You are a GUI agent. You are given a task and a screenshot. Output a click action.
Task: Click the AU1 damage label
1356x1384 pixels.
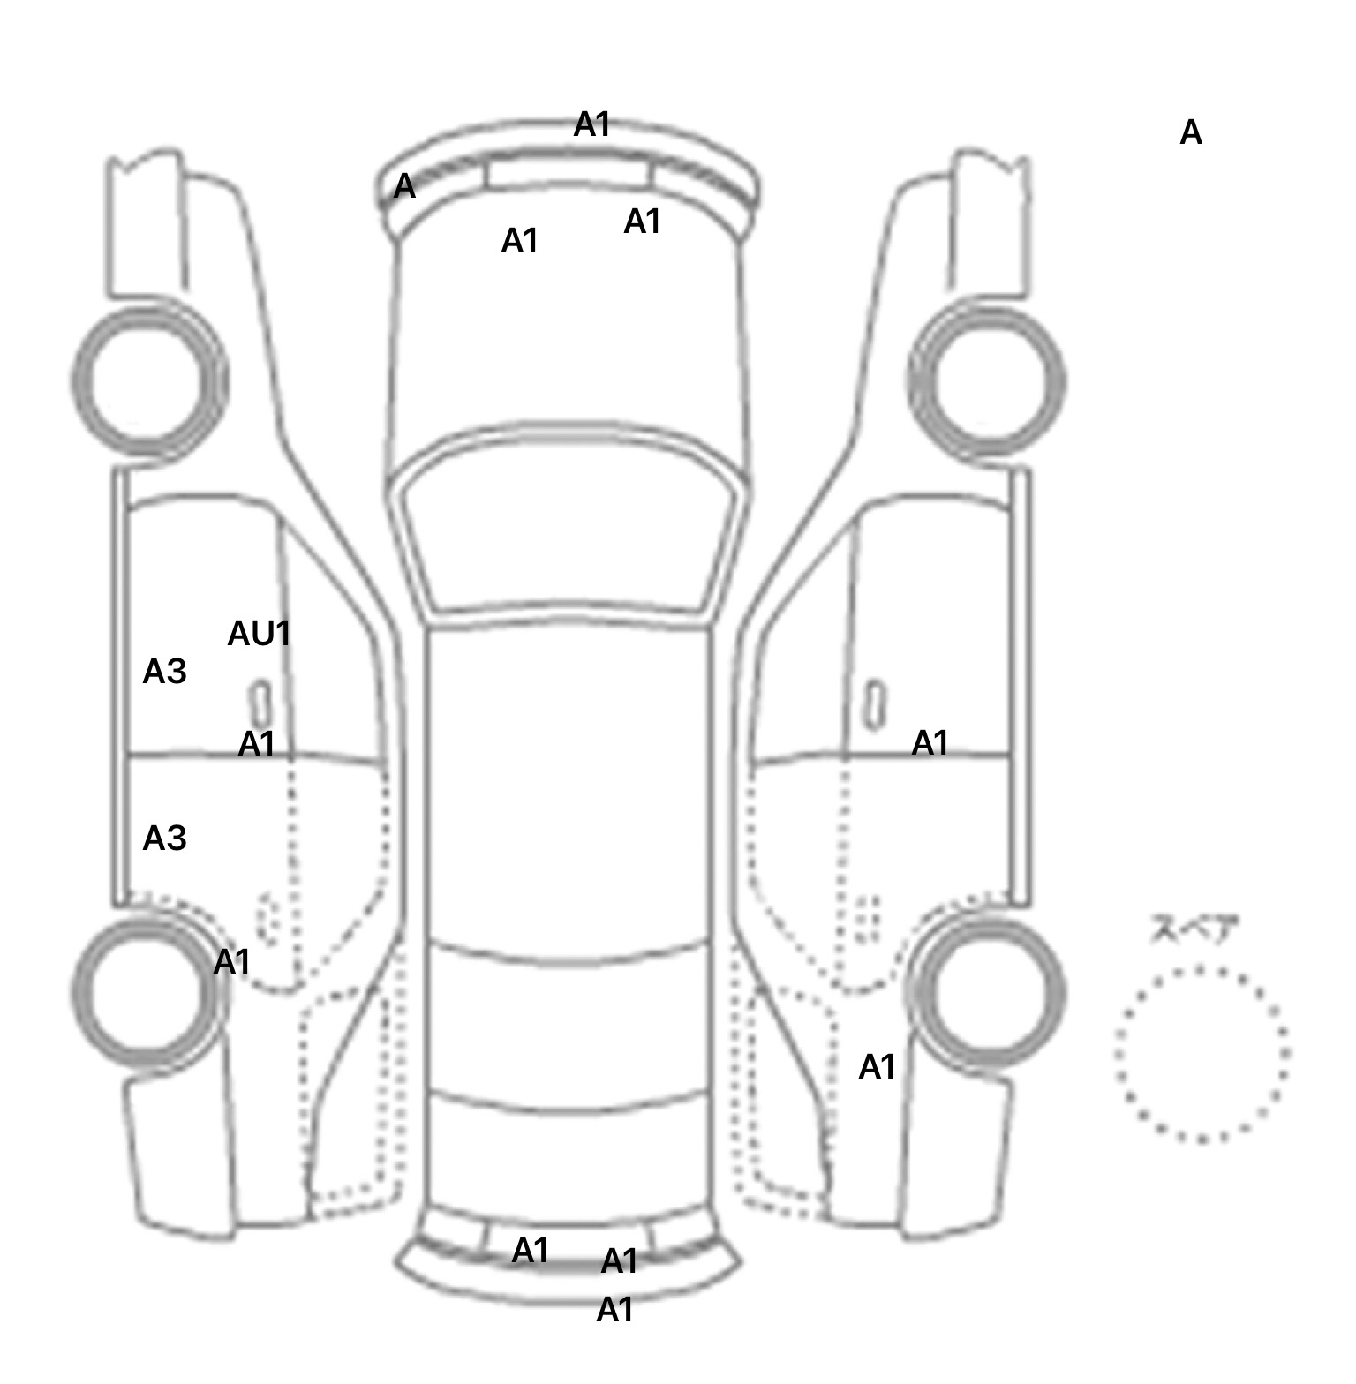click(x=259, y=634)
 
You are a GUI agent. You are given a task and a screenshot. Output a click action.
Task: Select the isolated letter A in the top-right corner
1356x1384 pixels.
click(x=1191, y=133)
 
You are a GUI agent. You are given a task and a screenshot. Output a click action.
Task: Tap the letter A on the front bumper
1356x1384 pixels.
click(x=403, y=186)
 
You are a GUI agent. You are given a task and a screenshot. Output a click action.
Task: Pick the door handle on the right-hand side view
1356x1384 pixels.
click(x=874, y=705)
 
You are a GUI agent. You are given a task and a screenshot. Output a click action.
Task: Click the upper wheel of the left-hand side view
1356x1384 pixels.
click(x=148, y=381)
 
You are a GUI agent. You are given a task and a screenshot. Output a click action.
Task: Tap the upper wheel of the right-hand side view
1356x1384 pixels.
click(x=987, y=381)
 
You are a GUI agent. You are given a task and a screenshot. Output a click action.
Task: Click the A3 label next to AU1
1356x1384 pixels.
click(x=164, y=673)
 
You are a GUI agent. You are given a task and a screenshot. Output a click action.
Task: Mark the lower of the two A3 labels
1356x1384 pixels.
click(x=164, y=839)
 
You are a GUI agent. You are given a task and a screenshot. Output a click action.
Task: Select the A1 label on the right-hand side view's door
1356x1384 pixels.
click(x=930, y=744)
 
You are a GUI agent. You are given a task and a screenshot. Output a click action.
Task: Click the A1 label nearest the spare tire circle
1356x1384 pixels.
click(x=877, y=1068)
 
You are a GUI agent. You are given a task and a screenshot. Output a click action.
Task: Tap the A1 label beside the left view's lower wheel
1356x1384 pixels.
click(x=232, y=962)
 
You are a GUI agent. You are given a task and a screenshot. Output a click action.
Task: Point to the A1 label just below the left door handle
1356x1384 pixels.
click(x=257, y=745)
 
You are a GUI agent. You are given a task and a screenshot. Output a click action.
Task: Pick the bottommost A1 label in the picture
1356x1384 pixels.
click(x=615, y=1311)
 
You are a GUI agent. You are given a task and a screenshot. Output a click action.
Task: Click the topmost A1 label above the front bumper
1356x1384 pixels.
click(x=592, y=125)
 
